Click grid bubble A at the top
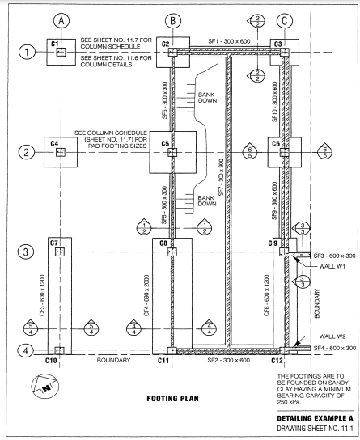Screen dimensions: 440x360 pos(60,16)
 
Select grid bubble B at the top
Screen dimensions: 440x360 pos(172,16)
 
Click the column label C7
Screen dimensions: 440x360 pos(54,243)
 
